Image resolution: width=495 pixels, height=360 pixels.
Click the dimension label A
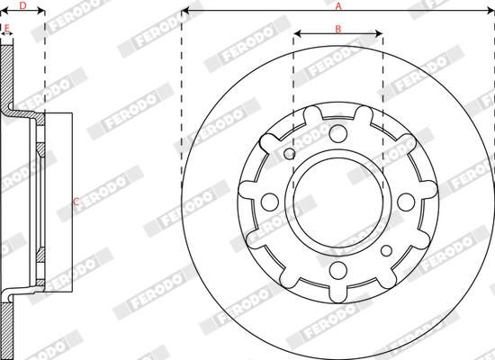338,5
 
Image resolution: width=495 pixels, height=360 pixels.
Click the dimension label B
338,29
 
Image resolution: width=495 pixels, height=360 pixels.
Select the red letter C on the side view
76,201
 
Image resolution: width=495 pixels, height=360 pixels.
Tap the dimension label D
22,6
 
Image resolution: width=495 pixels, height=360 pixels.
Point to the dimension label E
7,29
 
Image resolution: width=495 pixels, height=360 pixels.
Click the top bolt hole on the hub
337,134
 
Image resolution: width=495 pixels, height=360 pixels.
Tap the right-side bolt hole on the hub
405,202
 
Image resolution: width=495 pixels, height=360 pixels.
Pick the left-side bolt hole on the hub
270,202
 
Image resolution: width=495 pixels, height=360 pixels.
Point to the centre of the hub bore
337,202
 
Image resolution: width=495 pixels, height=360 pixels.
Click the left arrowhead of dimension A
186,13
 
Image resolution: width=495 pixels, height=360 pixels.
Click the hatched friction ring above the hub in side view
7,76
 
